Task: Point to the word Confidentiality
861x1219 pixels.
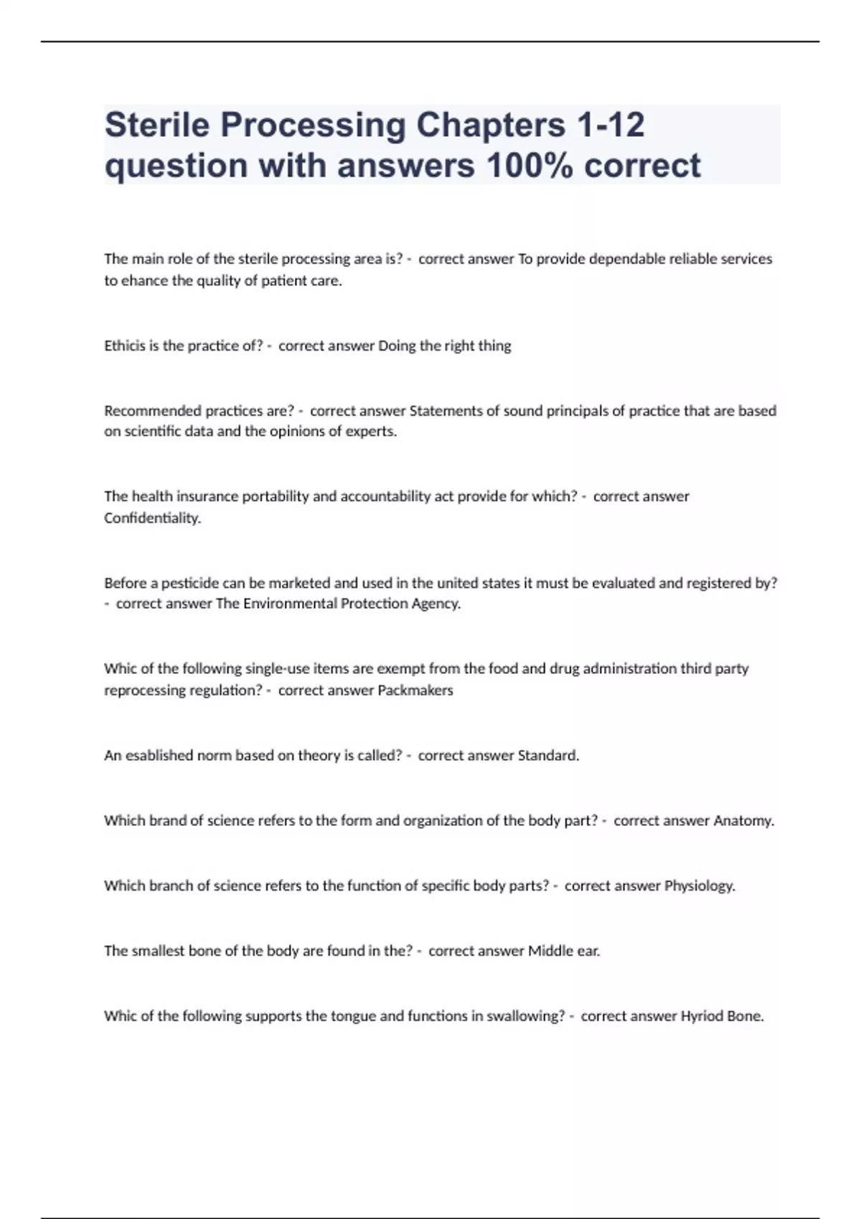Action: (152, 518)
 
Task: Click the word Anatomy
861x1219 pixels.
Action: (744, 820)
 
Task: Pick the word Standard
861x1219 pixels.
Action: (548, 755)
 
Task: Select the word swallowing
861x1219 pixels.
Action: (525, 1016)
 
